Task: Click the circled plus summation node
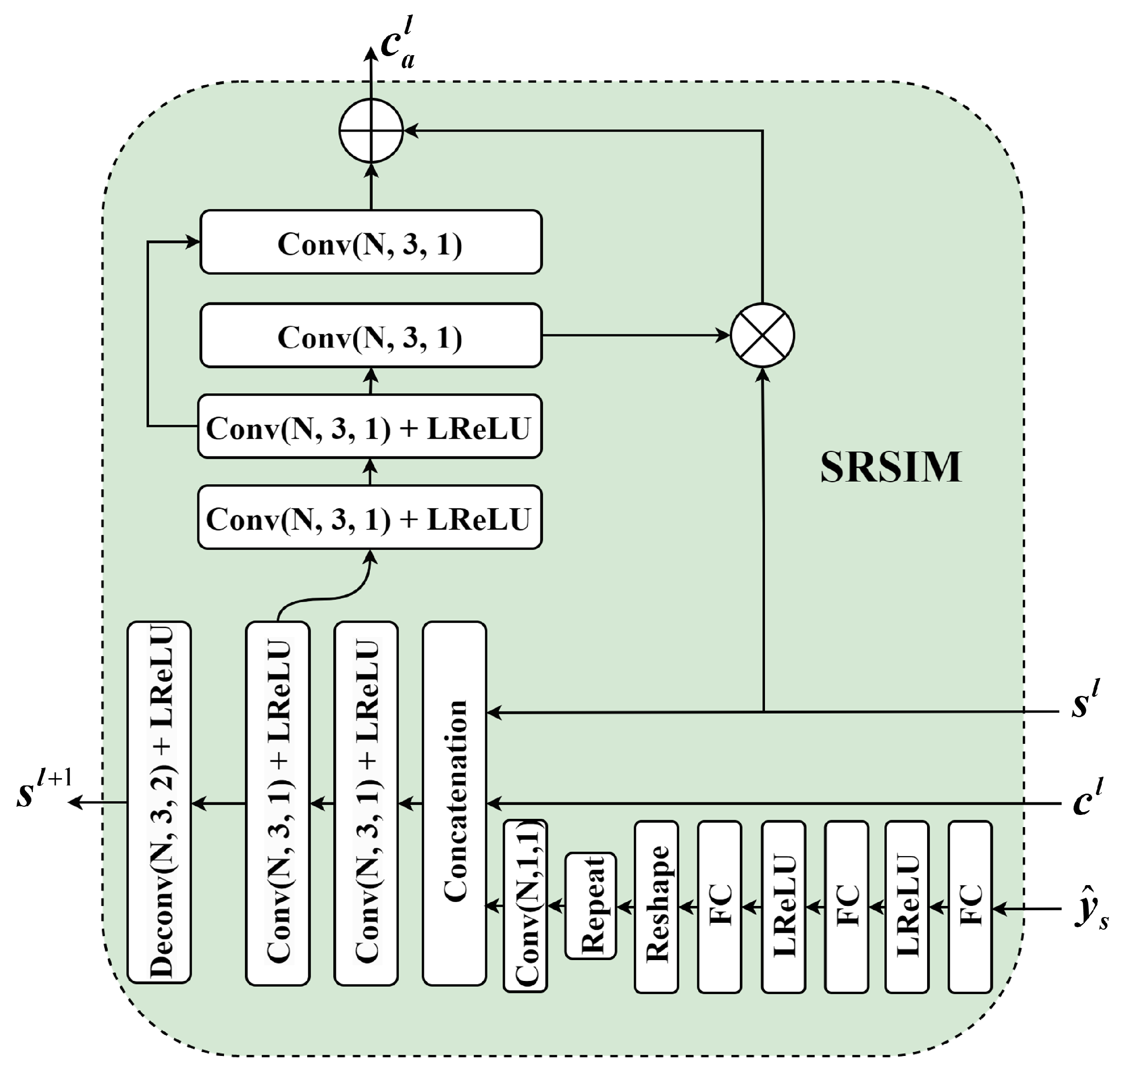point(371,131)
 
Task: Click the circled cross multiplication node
point(762,335)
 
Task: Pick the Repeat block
point(590,906)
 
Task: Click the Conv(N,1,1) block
point(525,906)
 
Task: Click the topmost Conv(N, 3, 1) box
point(371,242)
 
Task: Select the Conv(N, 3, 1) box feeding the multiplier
point(371,335)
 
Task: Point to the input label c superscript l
point(1087,799)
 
